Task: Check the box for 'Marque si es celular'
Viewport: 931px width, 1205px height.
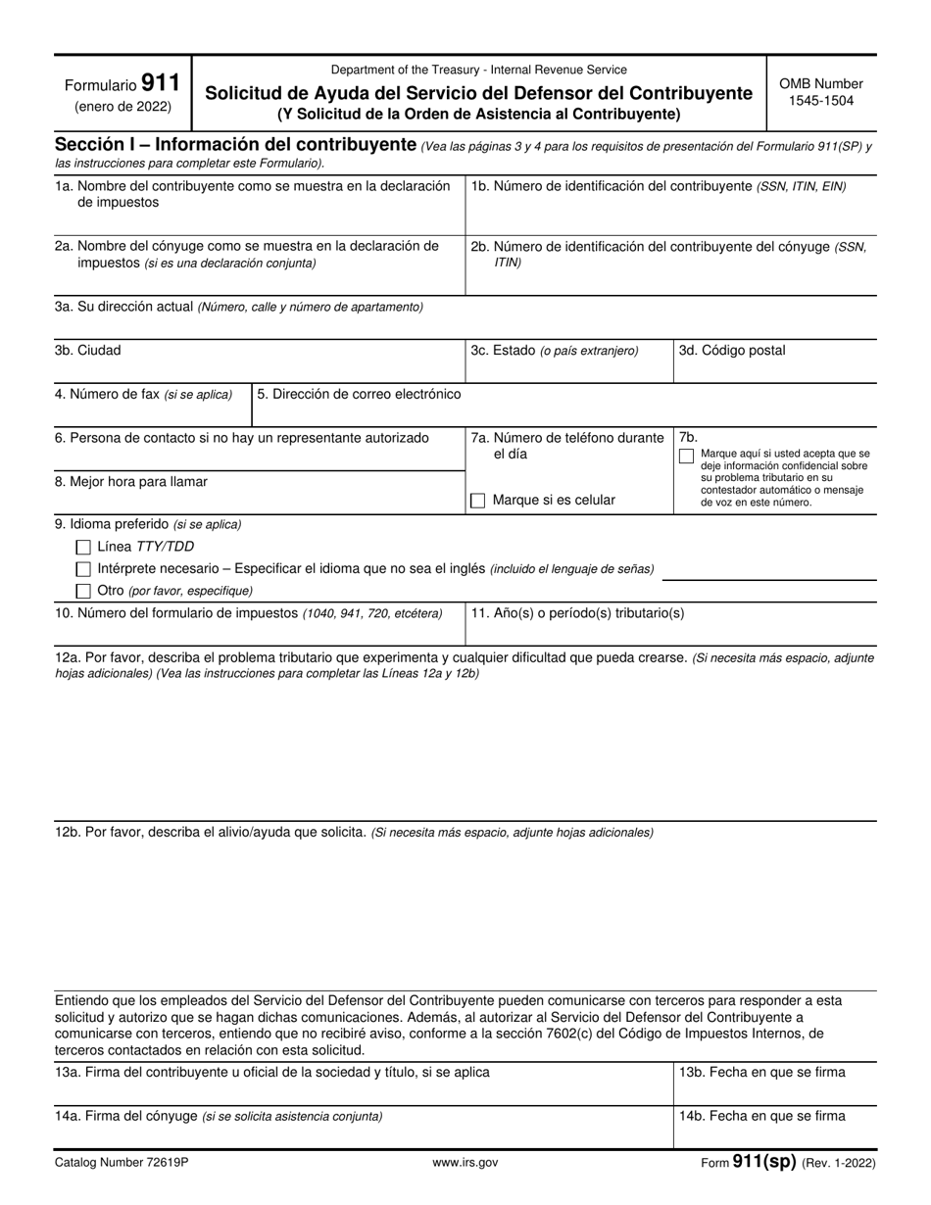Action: pyautogui.click(x=478, y=501)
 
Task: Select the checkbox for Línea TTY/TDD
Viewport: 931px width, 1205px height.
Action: pyautogui.click(x=83, y=547)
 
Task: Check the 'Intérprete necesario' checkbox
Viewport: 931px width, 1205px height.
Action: pyautogui.click(x=83, y=569)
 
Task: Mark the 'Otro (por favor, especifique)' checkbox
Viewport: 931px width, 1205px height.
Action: pyautogui.click(x=83, y=591)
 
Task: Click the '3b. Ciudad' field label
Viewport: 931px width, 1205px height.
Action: pyautogui.click(x=88, y=350)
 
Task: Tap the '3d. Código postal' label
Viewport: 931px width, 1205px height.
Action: pyautogui.click(x=732, y=350)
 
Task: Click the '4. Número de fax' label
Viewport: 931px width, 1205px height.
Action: pyautogui.click(x=144, y=394)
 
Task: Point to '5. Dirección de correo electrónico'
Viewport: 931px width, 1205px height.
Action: pyautogui.click(x=359, y=394)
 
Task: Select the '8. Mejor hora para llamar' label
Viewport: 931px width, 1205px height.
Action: pyautogui.click(x=131, y=481)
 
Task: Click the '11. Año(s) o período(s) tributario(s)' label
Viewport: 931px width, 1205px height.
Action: pyautogui.click(x=577, y=613)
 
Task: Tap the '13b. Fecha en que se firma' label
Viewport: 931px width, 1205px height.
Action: pyautogui.click(x=761, y=1072)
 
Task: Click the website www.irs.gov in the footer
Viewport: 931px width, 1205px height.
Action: pyautogui.click(x=465, y=1163)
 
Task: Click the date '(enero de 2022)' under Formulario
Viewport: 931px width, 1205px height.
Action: pyautogui.click(x=122, y=107)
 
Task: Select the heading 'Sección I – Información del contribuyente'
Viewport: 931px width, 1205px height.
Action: pyautogui.click(x=235, y=144)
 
